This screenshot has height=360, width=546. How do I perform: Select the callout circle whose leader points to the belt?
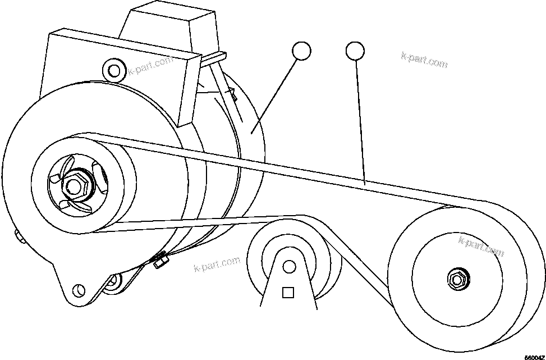(355, 51)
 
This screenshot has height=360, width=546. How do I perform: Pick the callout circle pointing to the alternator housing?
(301, 51)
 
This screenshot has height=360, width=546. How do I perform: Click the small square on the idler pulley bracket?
(288, 293)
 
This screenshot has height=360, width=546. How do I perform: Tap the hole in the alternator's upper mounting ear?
(114, 70)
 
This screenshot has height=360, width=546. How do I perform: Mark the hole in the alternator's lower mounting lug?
(80, 290)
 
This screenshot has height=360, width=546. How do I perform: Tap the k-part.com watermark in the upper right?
(424, 59)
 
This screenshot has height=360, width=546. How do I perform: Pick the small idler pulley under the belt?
(295, 258)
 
